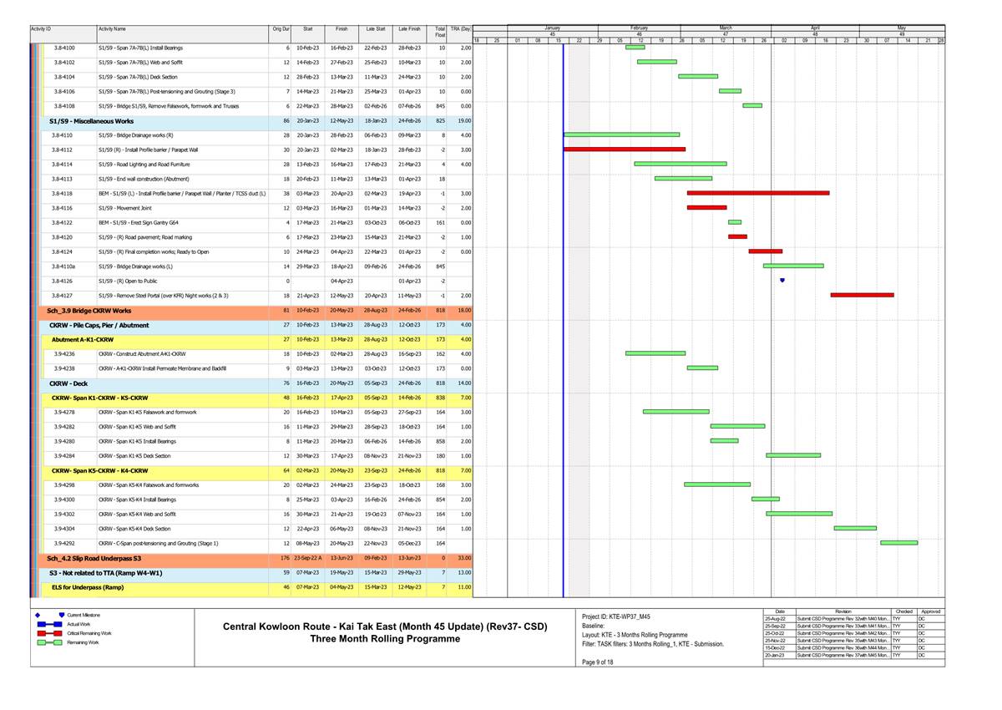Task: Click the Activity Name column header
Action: [x=112, y=29]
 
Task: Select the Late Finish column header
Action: [x=409, y=29]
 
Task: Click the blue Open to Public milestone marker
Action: [x=782, y=281]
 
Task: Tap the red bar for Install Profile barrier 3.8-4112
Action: [x=624, y=150]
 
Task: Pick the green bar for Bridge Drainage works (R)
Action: [x=621, y=134]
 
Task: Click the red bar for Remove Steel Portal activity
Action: [x=862, y=295]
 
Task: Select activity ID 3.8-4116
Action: [x=62, y=208]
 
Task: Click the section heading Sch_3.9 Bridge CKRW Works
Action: [x=89, y=310]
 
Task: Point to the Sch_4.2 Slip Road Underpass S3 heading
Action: [x=94, y=558]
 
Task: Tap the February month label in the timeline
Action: [x=640, y=28]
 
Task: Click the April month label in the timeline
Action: [x=815, y=28]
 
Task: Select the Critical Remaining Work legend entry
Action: [x=89, y=633]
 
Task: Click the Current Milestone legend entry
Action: [x=84, y=615]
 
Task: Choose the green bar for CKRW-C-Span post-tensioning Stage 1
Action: [x=898, y=543]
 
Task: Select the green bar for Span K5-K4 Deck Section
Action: [x=855, y=528]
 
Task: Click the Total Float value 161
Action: [x=440, y=222]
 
